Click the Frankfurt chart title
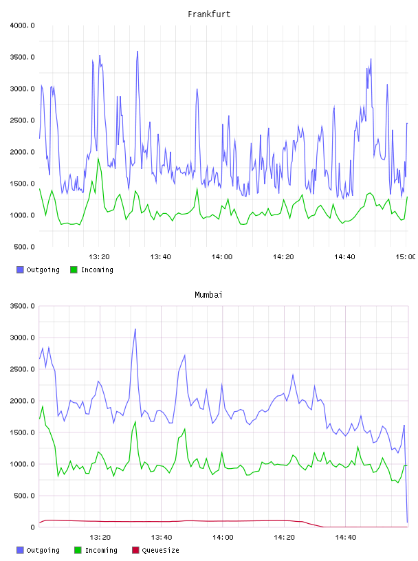click(x=209, y=14)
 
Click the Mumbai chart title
click(x=208, y=295)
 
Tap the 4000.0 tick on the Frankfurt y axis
click(x=22, y=25)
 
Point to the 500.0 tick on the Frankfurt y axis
click(x=24, y=247)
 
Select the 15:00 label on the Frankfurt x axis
click(x=405, y=257)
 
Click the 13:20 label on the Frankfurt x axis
click(x=99, y=257)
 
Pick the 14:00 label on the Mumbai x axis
click(x=223, y=538)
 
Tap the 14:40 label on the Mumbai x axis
click(x=346, y=538)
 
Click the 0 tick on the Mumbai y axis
click(x=32, y=527)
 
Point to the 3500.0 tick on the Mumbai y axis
click(x=22, y=306)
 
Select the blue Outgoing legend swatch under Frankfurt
click(x=20, y=269)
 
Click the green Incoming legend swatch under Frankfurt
click(x=74, y=269)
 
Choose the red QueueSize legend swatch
click(x=135, y=550)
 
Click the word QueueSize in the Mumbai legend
click(x=160, y=550)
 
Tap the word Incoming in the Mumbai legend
click(x=101, y=550)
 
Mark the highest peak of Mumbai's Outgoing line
click(x=135, y=329)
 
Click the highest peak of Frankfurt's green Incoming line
click(x=98, y=158)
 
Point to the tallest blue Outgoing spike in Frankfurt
click(x=137, y=51)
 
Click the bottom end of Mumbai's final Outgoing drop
click(x=407, y=522)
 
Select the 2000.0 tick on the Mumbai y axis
click(x=22, y=401)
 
